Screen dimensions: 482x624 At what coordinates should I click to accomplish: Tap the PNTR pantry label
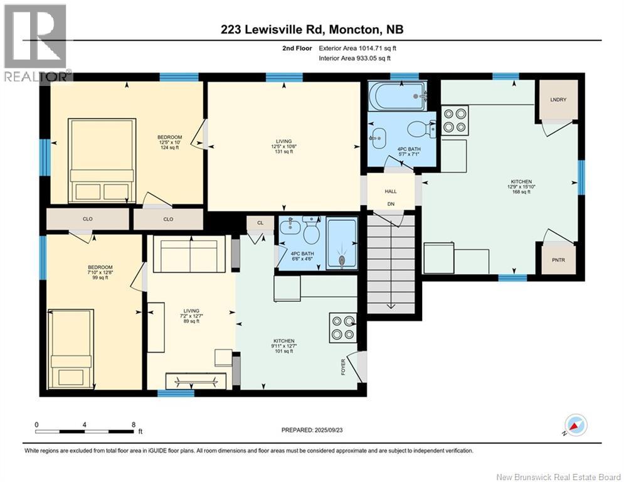(558, 258)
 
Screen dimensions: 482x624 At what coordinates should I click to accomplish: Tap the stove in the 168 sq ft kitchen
(455, 120)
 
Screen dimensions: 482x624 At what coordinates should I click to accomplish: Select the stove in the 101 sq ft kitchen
(342, 327)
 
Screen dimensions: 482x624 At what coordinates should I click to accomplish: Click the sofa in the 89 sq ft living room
(189, 255)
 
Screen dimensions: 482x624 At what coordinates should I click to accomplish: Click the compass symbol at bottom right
(575, 426)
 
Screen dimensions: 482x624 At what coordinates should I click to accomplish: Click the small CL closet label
(260, 222)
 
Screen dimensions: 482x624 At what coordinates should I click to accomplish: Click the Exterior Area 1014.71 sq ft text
(357, 48)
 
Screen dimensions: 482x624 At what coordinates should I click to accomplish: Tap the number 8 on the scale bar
(133, 424)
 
